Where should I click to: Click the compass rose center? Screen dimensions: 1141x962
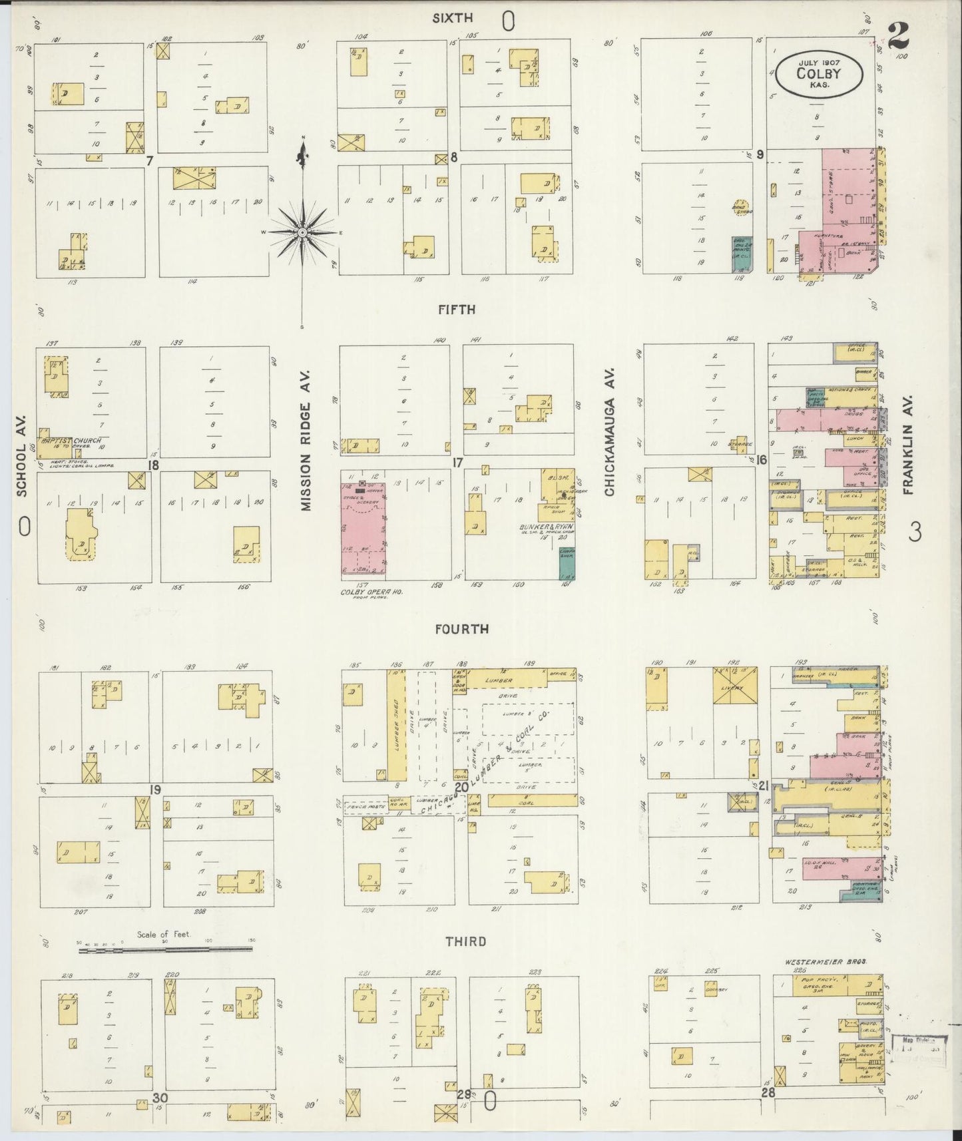click(302, 232)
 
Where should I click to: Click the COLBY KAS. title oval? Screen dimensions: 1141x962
click(818, 74)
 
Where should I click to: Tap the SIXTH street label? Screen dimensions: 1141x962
click(452, 19)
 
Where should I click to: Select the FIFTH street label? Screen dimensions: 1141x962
click(456, 310)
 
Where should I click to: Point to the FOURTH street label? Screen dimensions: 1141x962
click(461, 628)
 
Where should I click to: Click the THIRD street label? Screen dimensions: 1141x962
click(465, 941)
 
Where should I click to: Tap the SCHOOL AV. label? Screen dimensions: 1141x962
click(21, 457)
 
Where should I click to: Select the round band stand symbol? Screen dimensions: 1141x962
click(740, 208)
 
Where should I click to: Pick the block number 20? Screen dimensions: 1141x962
click(461, 788)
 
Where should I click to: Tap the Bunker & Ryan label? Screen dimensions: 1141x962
click(546, 527)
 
